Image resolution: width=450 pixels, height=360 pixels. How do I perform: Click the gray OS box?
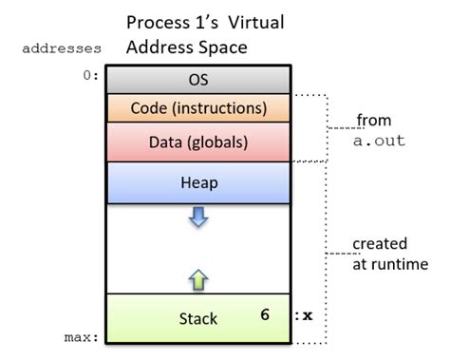click(x=198, y=80)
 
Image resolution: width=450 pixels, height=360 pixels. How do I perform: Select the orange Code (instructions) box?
click(x=198, y=108)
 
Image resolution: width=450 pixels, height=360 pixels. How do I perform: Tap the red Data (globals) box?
click(x=198, y=142)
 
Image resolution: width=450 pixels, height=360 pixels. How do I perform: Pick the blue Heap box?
click(x=198, y=182)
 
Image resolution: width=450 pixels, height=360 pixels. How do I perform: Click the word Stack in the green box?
click(x=198, y=319)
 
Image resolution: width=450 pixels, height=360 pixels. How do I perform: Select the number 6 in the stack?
click(x=266, y=311)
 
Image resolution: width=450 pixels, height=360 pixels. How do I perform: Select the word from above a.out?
click(x=374, y=120)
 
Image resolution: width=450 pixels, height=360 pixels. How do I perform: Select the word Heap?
click(x=198, y=182)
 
